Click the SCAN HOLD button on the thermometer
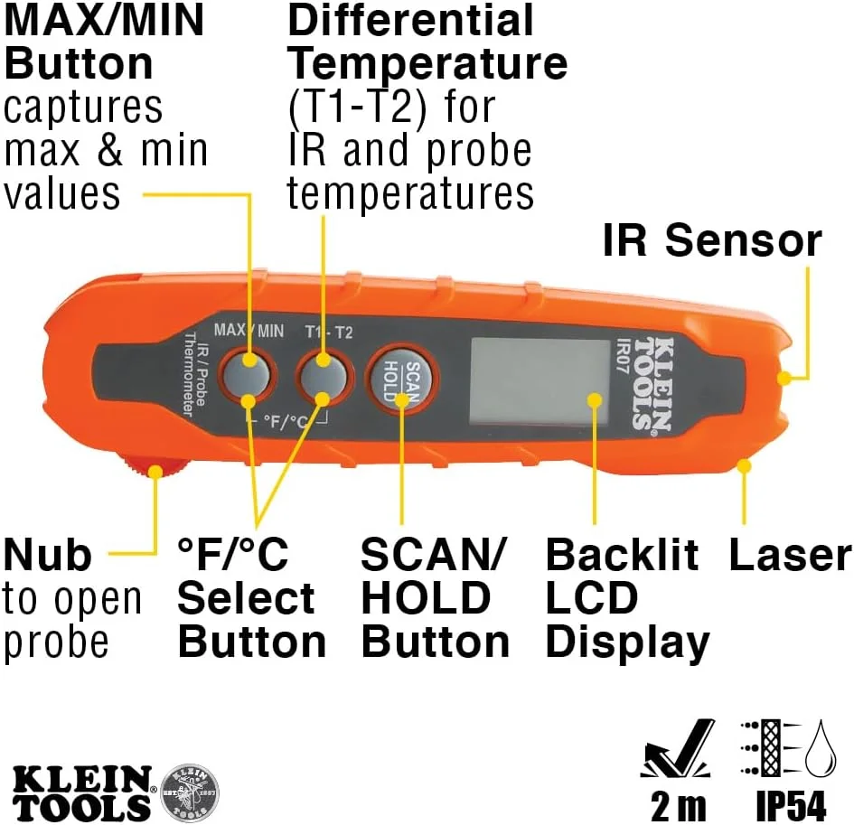click(402, 380)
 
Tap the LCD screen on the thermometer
click(540, 381)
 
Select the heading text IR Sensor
click(712, 240)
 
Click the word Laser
click(790, 555)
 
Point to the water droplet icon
click(820, 748)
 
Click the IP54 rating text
click(791, 805)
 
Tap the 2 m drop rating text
click(678, 805)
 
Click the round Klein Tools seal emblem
click(190, 792)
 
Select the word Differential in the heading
click(410, 21)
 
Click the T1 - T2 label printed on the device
click(328, 332)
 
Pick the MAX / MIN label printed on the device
click(249, 330)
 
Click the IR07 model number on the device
click(622, 355)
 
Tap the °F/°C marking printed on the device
click(285, 421)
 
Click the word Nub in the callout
click(47, 555)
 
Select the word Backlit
click(622, 555)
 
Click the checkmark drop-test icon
click(678, 748)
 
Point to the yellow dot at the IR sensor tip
click(784, 378)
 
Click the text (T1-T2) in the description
click(357, 107)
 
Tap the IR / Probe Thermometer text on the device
click(193, 375)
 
